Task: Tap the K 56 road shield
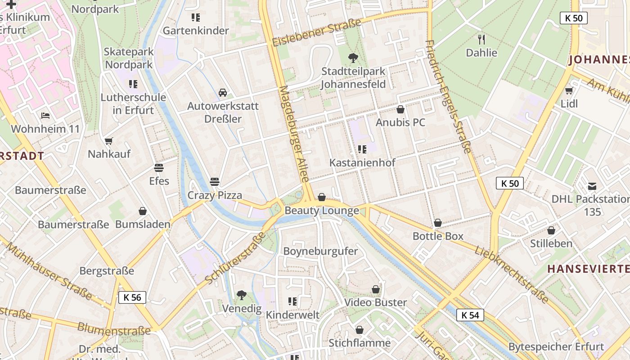pyautogui.click(x=132, y=297)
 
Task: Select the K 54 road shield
pyautogui.click(x=470, y=315)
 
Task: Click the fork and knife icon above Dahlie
pyautogui.click(x=481, y=39)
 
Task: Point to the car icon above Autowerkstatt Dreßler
pyautogui.click(x=223, y=93)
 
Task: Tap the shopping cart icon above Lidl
pyautogui.click(x=569, y=90)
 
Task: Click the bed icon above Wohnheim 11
pyautogui.click(x=45, y=116)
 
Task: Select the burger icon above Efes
pyautogui.click(x=159, y=168)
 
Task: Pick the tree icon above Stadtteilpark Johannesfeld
pyautogui.click(x=353, y=58)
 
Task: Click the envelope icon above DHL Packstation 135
pyautogui.click(x=592, y=186)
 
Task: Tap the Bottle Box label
pyautogui.click(x=438, y=236)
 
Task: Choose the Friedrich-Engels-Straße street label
pyautogui.click(x=448, y=96)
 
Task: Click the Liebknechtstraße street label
pyautogui.click(x=511, y=274)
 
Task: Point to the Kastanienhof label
pyautogui.click(x=362, y=162)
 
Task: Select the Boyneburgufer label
pyautogui.click(x=320, y=251)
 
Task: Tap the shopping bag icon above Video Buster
pyautogui.click(x=376, y=289)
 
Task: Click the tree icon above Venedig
pyautogui.click(x=242, y=295)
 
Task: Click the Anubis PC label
pyautogui.click(x=400, y=122)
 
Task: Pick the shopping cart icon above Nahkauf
pyautogui.click(x=109, y=141)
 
